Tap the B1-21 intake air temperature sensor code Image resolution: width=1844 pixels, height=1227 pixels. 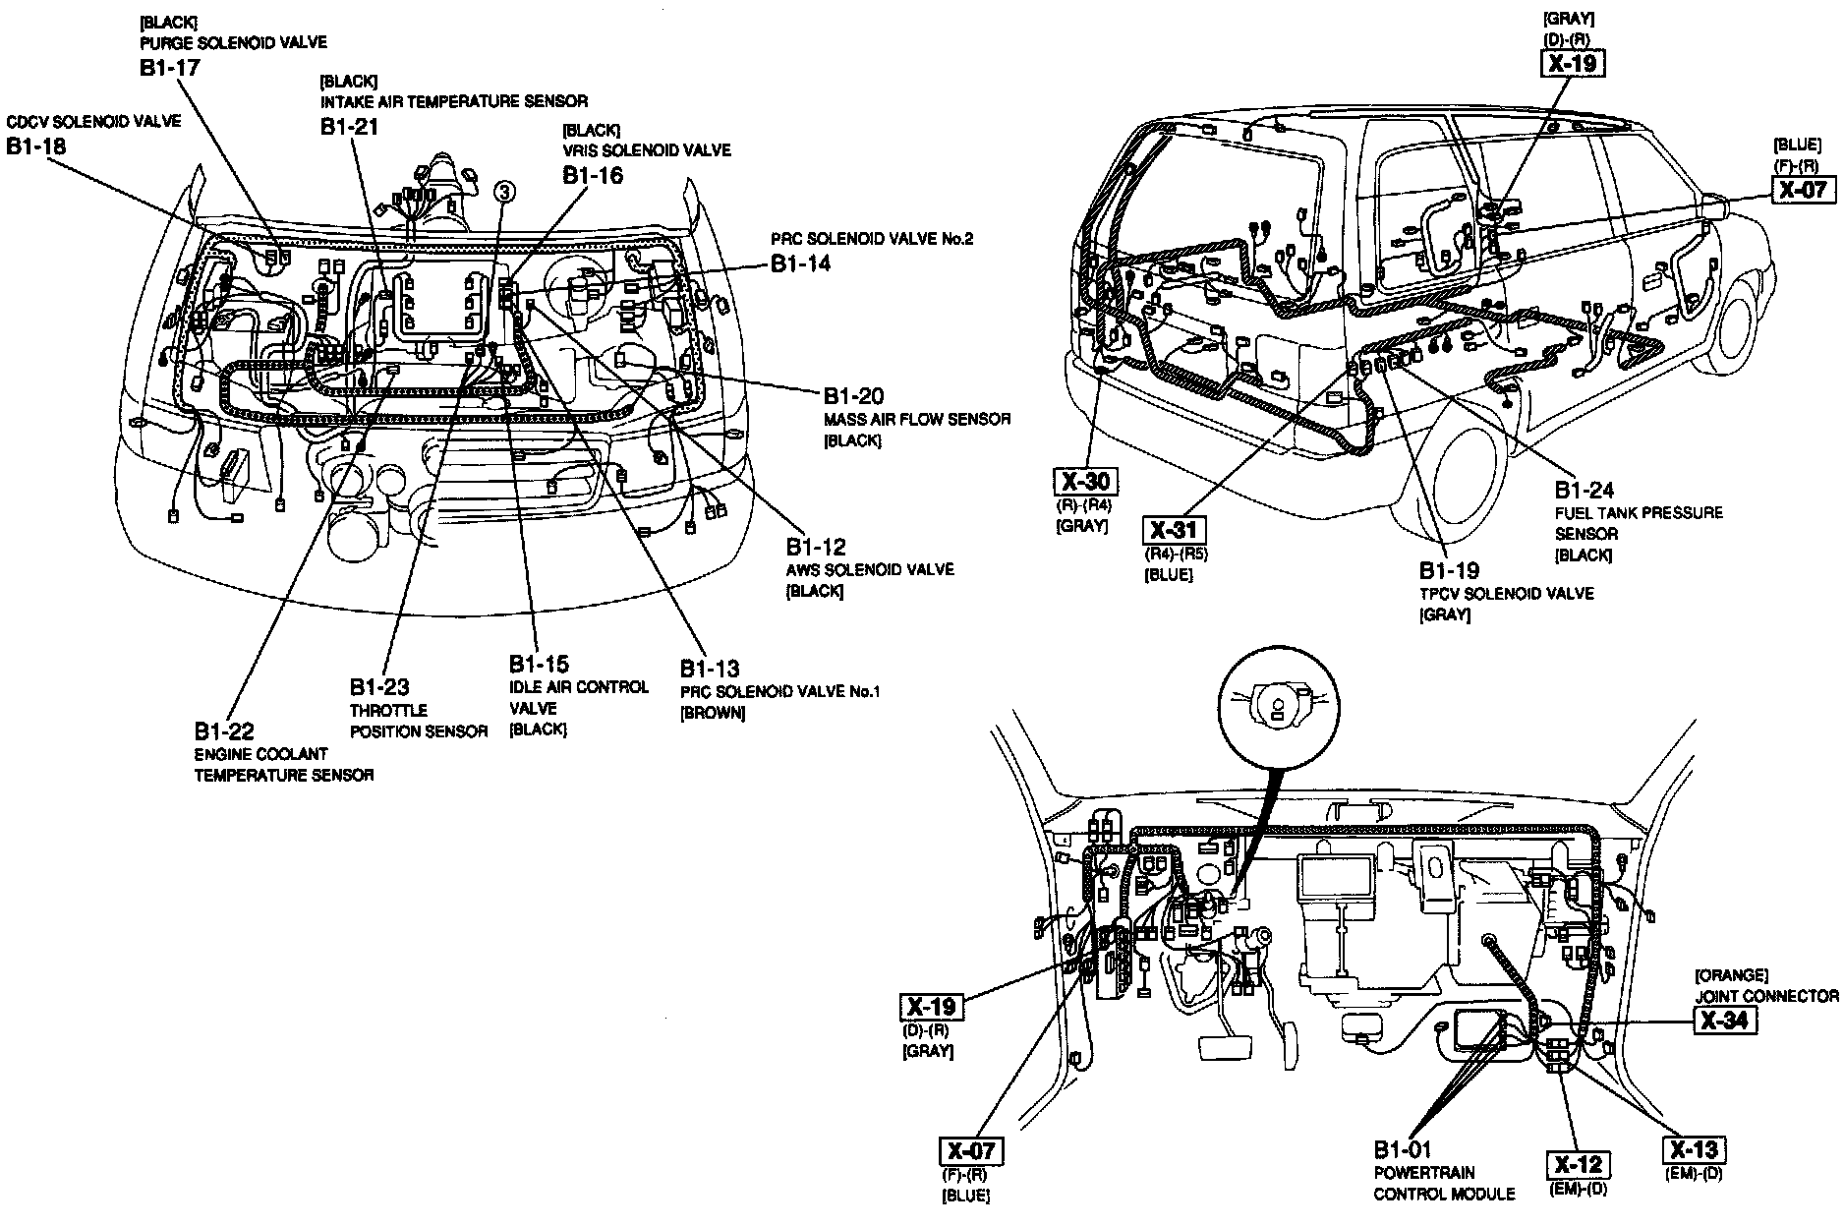[x=349, y=126]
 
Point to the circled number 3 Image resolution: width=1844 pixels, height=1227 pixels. [x=504, y=192]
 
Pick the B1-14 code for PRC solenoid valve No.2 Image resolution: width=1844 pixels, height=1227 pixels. [x=800, y=263]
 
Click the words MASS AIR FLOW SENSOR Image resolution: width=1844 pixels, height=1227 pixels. [x=916, y=420]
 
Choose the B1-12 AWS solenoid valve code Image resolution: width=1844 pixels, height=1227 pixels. [x=815, y=548]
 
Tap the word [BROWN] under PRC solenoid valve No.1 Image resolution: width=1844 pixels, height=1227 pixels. [x=712, y=714]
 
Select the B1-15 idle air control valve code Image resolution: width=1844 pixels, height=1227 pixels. [x=539, y=664]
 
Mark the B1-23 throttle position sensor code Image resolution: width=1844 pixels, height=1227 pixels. [x=379, y=687]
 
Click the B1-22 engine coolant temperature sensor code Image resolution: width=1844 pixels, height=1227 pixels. [x=224, y=731]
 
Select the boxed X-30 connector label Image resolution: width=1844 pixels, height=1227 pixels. [x=1086, y=481]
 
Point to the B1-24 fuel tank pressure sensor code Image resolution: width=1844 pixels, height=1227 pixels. [x=1585, y=490]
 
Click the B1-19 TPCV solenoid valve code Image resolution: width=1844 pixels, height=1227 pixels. [x=1449, y=570]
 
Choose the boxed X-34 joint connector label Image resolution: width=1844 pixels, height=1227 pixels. [x=1725, y=1021]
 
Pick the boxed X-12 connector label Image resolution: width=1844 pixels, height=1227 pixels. [x=1579, y=1165]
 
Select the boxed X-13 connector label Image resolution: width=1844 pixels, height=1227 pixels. [x=1696, y=1149]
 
